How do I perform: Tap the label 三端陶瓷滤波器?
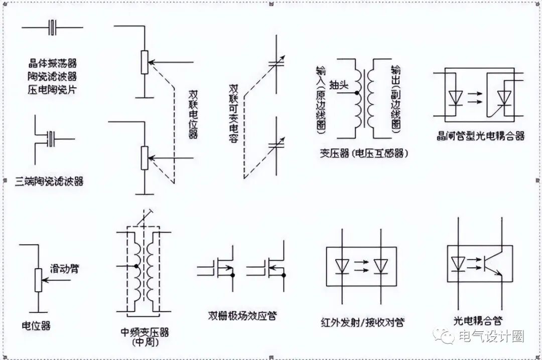pos(49,181)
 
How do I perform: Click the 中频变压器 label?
pos(145,332)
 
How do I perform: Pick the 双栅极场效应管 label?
pos(243,315)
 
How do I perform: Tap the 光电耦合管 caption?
pos(478,320)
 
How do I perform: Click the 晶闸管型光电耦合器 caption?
pos(480,136)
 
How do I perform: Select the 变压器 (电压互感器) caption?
pos(363,153)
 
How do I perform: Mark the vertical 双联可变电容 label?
pos(233,113)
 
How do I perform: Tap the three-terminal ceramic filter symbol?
pos(51,139)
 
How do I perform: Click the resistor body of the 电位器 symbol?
pos(38,280)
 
